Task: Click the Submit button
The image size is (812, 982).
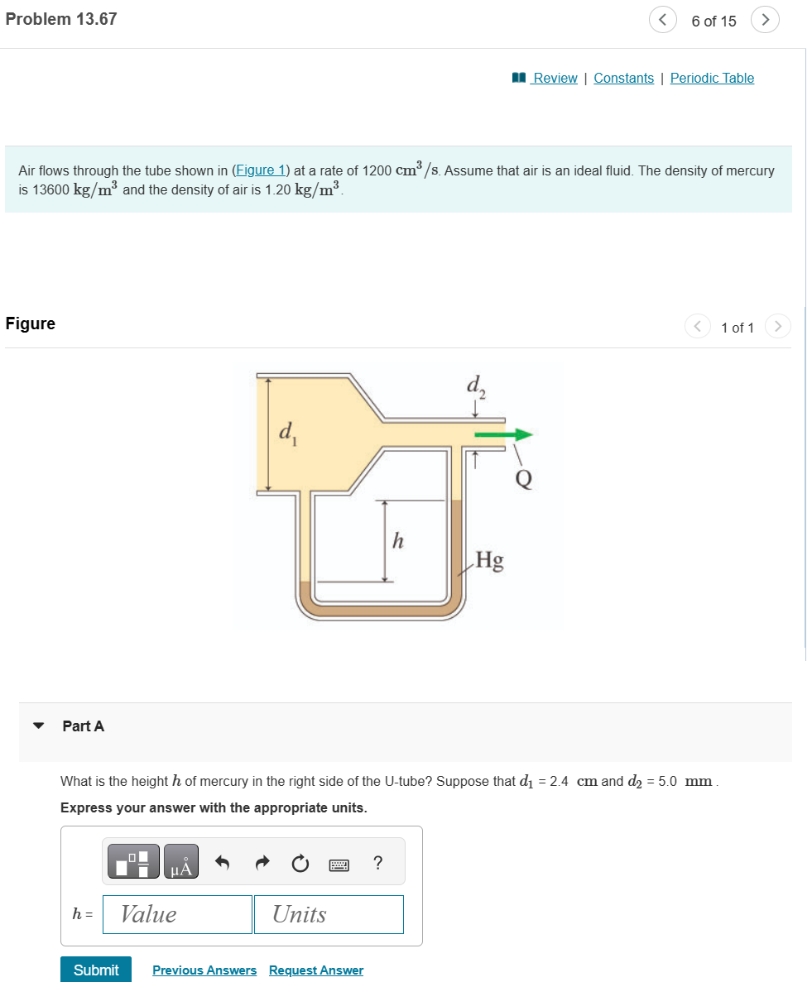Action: (x=96, y=970)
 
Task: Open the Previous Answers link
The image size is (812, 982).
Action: (x=204, y=970)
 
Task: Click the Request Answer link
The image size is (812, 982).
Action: (x=316, y=970)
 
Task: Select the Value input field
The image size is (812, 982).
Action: (x=177, y=914)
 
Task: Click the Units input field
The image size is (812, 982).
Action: (x=329, y=914)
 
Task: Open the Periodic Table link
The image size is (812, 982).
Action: (x=712, y=78)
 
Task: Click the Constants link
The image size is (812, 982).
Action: (x=623, y=78)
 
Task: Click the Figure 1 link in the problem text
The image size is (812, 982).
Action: (x=260, y=170)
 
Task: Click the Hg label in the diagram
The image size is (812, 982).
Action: (x=490, y=561)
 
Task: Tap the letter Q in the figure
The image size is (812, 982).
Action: (x=524, y=478)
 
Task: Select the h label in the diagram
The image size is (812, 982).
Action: (x=398, y=542)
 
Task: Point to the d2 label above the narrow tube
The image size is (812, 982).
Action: (x=474, y=386)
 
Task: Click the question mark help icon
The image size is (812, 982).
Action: (x=378, y=863)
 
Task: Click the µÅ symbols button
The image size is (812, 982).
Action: (x=181, y=863)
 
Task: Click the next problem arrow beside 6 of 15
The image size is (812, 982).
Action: (x=765, y=20)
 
